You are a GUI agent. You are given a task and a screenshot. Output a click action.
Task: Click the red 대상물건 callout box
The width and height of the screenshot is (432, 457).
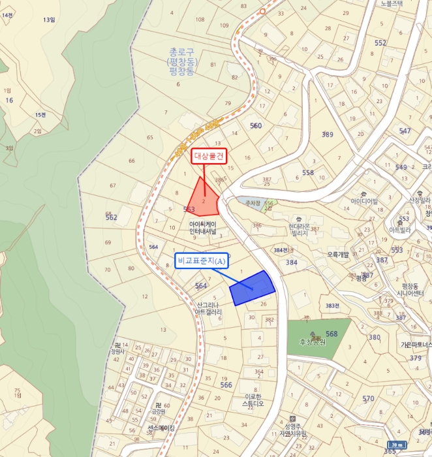209,157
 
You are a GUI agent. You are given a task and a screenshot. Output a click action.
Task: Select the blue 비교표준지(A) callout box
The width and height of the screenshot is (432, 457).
201,261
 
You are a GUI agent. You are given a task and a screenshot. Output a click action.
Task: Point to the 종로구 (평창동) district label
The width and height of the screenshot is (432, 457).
182,61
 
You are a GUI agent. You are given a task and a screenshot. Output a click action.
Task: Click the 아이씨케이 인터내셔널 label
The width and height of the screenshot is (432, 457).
203,227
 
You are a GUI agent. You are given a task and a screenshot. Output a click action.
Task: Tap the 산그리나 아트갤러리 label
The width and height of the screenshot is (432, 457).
208,308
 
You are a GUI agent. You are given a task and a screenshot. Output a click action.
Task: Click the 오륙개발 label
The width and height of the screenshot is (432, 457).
338,254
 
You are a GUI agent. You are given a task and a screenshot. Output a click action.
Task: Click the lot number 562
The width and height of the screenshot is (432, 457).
112,217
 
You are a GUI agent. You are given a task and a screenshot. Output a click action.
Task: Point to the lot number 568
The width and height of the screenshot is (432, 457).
332,334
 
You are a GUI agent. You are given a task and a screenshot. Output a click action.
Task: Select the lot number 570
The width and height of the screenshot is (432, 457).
368,398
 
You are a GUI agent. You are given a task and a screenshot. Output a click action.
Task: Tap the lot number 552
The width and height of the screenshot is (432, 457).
380,42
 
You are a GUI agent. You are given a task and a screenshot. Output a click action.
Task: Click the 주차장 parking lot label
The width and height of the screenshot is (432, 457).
248,203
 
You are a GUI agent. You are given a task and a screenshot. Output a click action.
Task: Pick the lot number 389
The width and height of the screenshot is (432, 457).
327,134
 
